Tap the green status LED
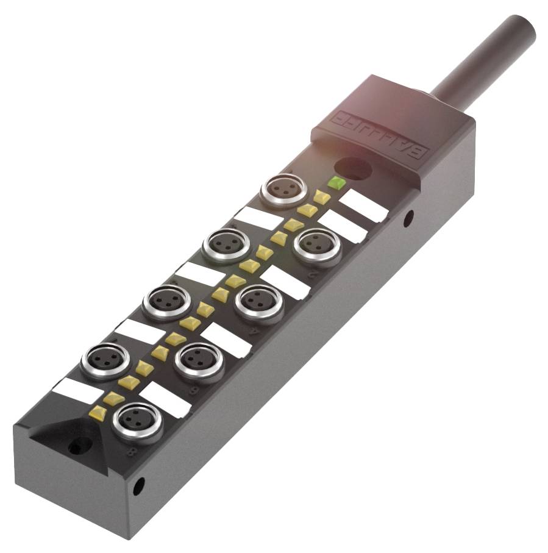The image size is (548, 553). [336, 182]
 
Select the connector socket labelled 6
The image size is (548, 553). [199, 359]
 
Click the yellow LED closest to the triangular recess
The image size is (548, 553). [97, 413]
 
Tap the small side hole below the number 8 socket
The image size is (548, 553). [140, 485]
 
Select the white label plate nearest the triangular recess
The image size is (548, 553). [76, 391]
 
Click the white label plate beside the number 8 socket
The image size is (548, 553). [165, 399]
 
